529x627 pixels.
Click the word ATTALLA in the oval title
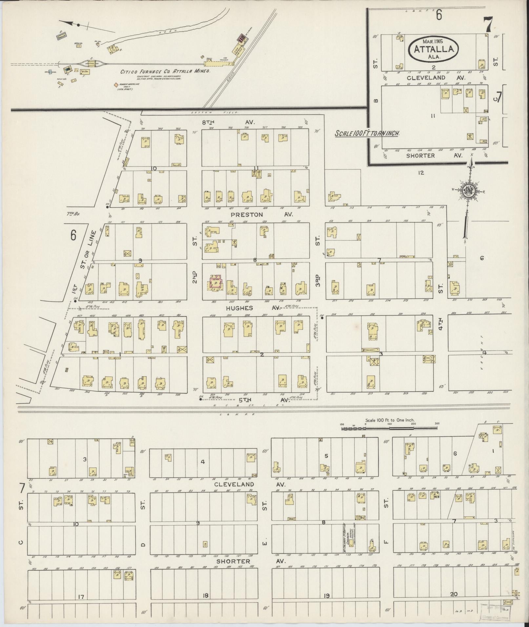tap(434, 49)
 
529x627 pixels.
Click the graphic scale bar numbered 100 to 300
tap(389, 428)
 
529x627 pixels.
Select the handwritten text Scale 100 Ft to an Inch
tap(366, 134)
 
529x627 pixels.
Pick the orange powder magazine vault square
tap(116, 85)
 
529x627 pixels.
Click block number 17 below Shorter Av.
tap(81, 597)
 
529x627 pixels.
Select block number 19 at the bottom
tap(326, 596)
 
